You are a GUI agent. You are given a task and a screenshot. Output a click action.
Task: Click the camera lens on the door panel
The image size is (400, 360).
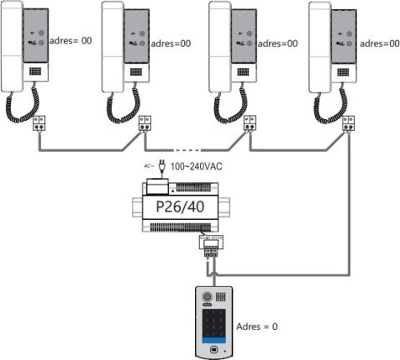[208, 296]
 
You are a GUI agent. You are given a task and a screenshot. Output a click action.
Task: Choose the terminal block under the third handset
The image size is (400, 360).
[250, 123]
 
